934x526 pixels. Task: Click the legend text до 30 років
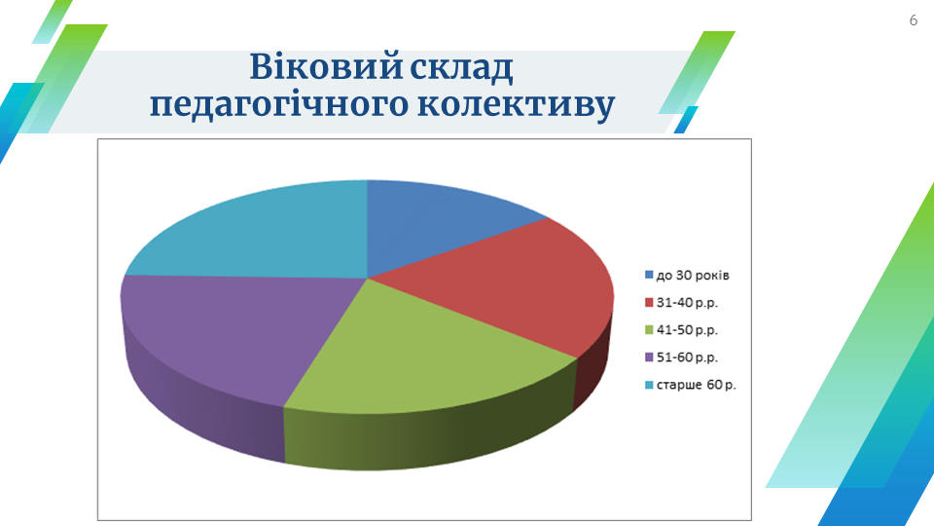pos(693,276)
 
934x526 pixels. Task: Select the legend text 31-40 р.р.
pos(687,303)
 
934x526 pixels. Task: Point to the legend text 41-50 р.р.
pos(687,330)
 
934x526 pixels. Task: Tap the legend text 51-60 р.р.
pos(687,357)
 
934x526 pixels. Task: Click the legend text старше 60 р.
pos(696,386)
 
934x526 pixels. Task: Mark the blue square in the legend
pos(649,275)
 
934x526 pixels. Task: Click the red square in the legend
pos(649,302)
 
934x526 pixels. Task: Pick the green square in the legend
pos(649,330)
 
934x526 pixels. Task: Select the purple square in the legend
pos(649,357)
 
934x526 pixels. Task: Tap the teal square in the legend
pos(649,385)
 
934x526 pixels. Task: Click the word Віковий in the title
pos(327,66)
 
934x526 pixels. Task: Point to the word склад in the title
pos(461,67)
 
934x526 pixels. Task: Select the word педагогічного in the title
pos(279,105)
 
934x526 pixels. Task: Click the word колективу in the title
pos(516,105)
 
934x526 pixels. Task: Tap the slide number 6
pos(914,20)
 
